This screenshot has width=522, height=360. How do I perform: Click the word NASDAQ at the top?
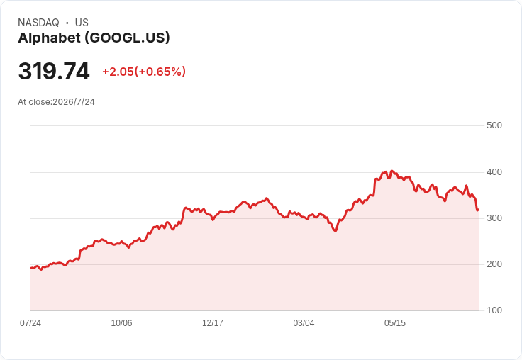[38, 23]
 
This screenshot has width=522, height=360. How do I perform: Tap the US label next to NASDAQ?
[82, 23]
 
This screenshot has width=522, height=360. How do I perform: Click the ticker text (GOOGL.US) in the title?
[127, 38]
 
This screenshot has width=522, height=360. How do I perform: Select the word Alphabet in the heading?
[49, 38]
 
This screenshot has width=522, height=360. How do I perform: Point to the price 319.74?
[54, 71]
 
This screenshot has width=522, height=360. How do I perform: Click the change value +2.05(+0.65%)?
[144, 72]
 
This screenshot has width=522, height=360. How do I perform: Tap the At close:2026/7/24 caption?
[56, 102]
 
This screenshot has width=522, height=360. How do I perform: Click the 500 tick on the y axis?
[494, 125]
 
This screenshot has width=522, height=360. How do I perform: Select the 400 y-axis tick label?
[494, 172]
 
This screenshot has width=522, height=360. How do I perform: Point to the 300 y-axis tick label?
[494, 218]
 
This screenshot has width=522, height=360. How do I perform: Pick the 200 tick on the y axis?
[494, 264]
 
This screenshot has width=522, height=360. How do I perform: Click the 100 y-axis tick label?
[494, 310]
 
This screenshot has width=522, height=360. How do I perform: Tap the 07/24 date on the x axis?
[30, 323]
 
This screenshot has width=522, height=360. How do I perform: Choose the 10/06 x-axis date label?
[121, 323]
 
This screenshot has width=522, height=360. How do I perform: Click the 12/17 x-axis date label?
[213, 323]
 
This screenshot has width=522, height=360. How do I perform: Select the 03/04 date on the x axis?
[304, 323]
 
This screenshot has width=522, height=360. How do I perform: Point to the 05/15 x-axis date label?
[395, 323]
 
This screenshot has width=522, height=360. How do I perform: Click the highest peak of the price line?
[391, 171]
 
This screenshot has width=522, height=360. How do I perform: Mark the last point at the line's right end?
[479, 210]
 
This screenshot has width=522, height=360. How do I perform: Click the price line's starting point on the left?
[31, 268]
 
